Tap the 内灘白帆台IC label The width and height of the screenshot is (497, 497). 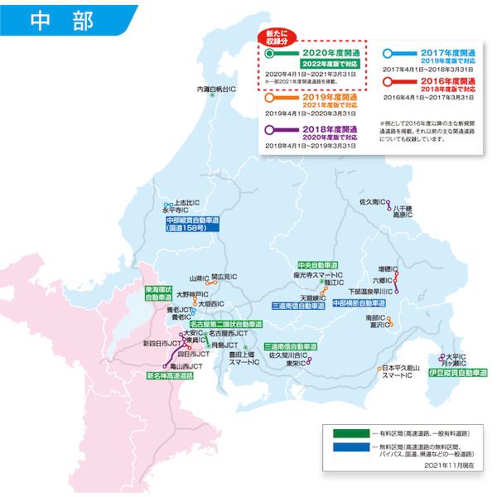pyautogui.click(x=215, y=88)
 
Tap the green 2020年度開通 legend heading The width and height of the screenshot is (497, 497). pyautogui.click(x=312, y=51)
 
